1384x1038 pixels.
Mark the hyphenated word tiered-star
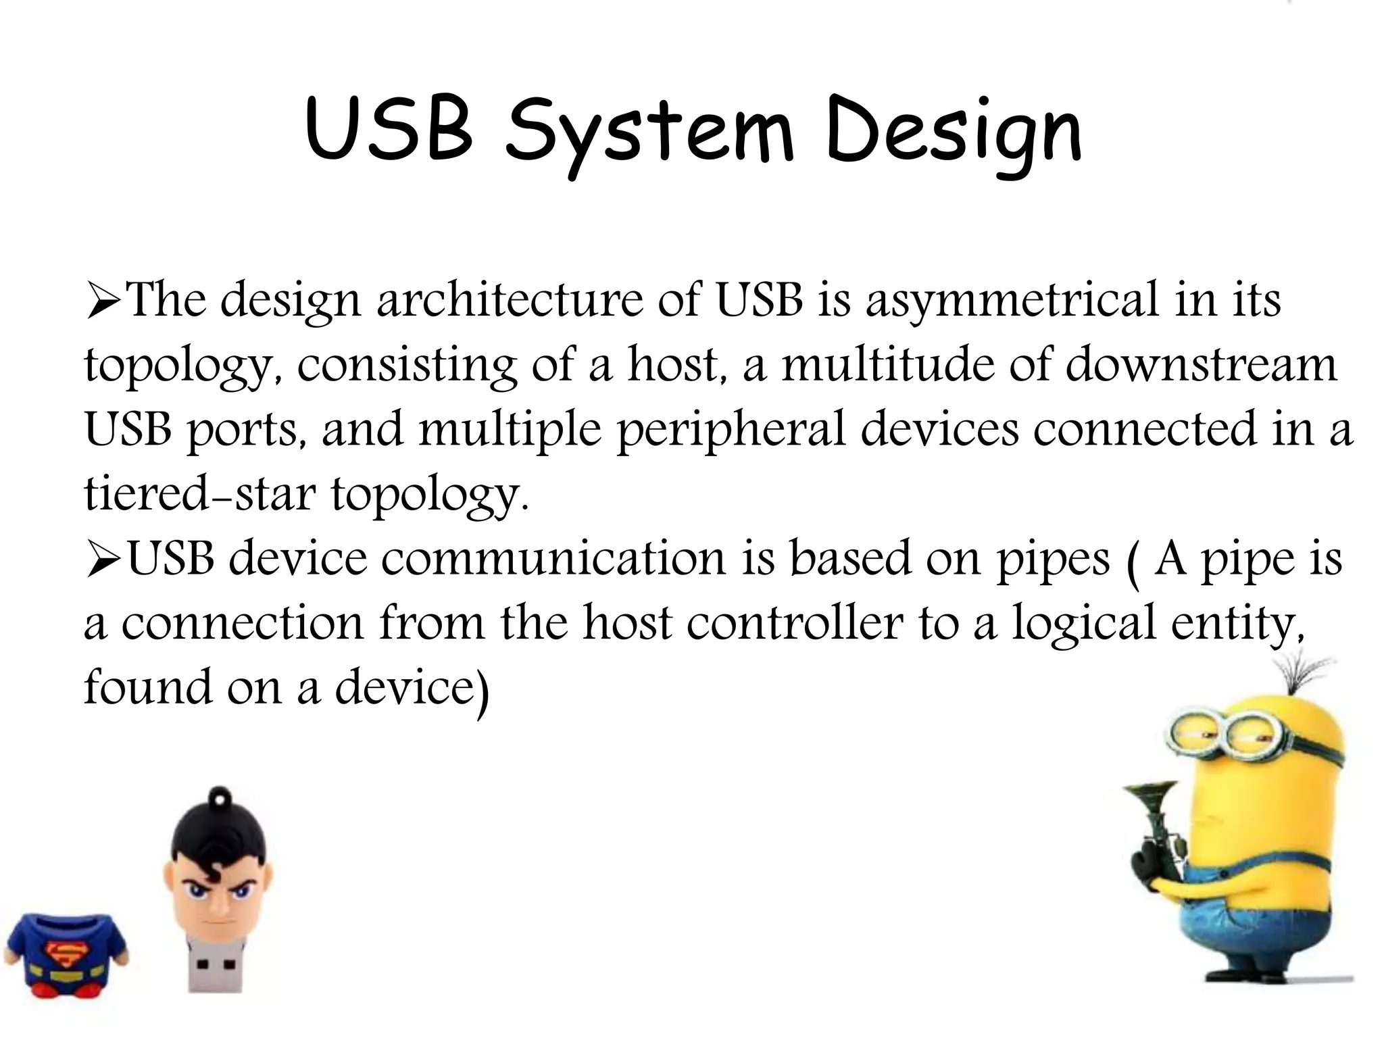(200, 493)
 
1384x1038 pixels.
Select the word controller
(795, 623)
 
